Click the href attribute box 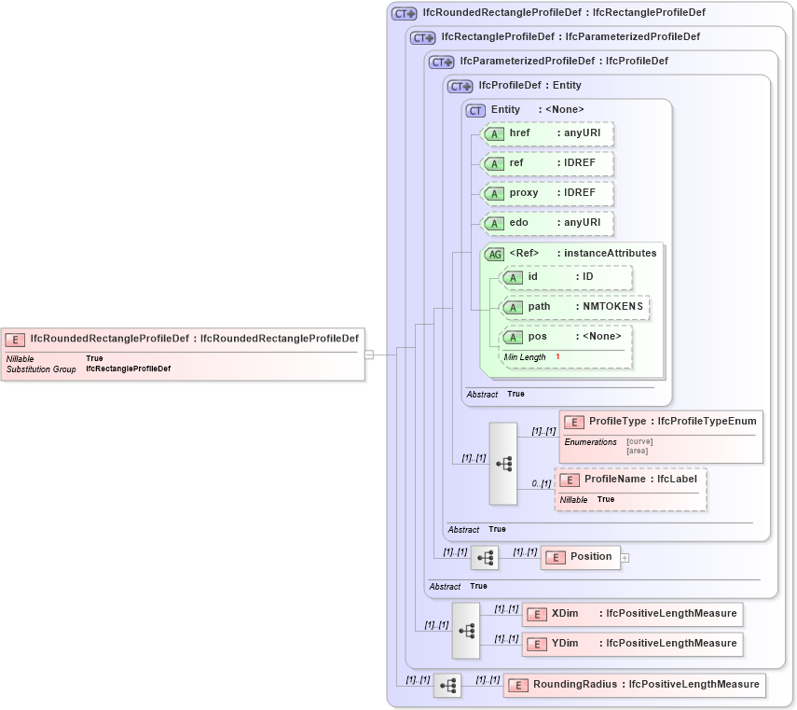(x=547, y=133)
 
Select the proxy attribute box (x=547, y=193)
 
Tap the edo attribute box (x=547, y=223)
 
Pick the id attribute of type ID (x=566, y=277)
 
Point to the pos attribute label (x=538, y=337)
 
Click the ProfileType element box (x=660, y=422)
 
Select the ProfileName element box (x=630, y=480)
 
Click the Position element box (x=580, y=557)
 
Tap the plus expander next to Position (x=625, y=558)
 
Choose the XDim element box (x=632, y=614)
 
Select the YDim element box (x=632, y=644)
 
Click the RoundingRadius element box (x=634, y=685)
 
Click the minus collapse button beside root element (x=369, y=355)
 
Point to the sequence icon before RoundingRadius (x=447, y=686)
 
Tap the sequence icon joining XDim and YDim (x=466, y=631)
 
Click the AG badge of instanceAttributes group (x=494, y=254)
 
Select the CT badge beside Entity (x=475, y=110)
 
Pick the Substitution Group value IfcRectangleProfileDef (x=128, y=369)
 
